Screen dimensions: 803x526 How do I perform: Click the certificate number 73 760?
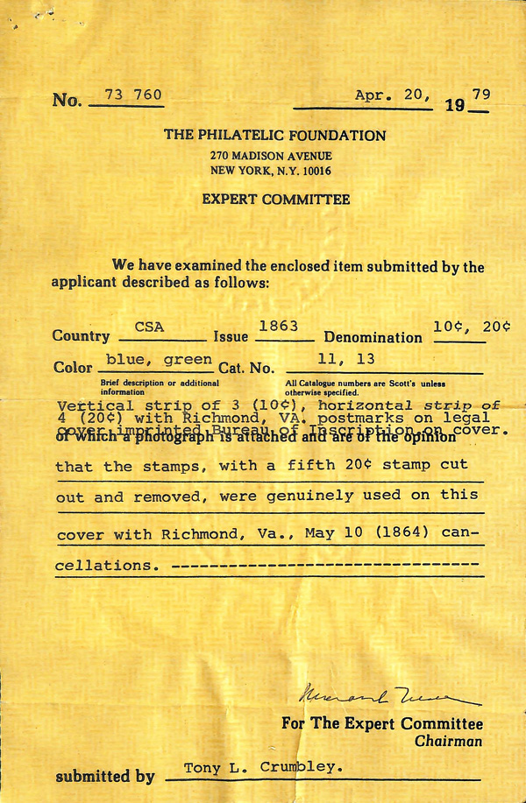(x=133, y=95)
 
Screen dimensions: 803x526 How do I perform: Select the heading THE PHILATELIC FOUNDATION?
(x=274, y=136)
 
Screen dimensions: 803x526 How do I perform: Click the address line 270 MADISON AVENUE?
(x=270, y=156)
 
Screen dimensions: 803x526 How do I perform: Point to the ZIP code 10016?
(x=314, y=171)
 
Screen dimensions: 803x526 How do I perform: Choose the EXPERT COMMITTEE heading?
(x=275, y=200)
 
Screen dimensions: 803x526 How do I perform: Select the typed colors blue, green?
(x=159, y=359)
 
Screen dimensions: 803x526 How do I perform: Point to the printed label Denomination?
(x=373, y=337)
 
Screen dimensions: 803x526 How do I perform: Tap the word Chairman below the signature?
(x=449, y=741)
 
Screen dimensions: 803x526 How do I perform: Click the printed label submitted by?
(x=105, y=777)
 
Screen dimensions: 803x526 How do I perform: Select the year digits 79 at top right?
(x=480, y=95)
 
